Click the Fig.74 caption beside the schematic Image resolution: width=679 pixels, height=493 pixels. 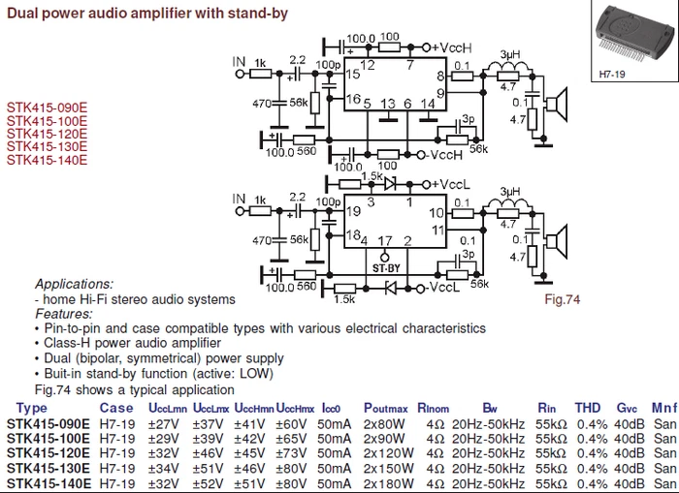(x=563, y=300)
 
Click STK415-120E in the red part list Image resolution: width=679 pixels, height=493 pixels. (x=47, y=135)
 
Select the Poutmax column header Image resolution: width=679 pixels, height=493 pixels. (x=386, y=408)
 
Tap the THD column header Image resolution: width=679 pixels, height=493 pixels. (x=588, y=408)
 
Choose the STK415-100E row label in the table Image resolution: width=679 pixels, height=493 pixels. (x=48, y=438)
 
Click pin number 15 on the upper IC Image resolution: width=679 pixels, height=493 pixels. (x=353, y=74)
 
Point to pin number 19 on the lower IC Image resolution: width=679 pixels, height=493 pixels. (x=353, y=210)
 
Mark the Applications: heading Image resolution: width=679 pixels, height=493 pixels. (x=74, y=285)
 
